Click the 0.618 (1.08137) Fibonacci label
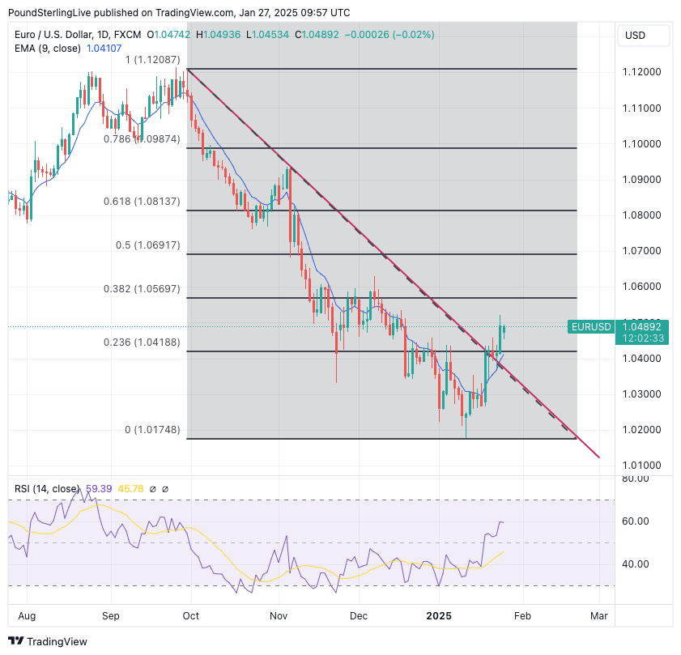pos(142,202)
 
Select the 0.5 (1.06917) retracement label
pos(148,245)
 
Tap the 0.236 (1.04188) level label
pos(142,342)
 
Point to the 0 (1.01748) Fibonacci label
pos(152,430)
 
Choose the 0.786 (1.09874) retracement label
pos(142,139)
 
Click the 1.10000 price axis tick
pos(641,144)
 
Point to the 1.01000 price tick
pos(641,466)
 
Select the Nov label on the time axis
pos(279,616)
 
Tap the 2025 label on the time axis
pos(440,616)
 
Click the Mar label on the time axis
pos(598,616)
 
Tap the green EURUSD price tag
pos(591,327)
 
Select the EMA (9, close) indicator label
pos(48,49)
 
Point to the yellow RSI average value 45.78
pos(132,489)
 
